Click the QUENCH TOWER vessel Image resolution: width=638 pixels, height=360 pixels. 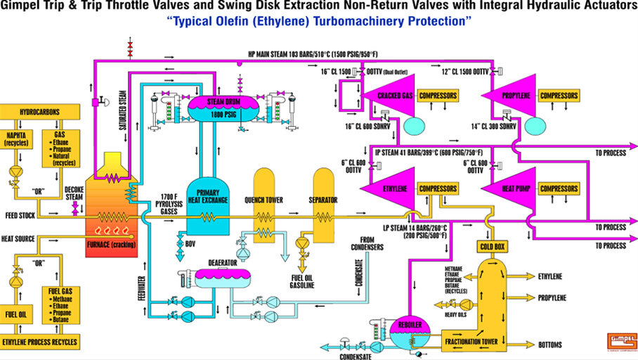pyautogui.click(x=264, y=204)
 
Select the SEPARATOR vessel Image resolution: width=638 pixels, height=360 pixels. pyautogui.click(x=323, y=200)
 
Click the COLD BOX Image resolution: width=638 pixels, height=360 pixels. pyautogui.click(x=493, y=246)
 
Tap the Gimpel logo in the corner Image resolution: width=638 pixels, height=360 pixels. pyautogui.click(x=611, y=341)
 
